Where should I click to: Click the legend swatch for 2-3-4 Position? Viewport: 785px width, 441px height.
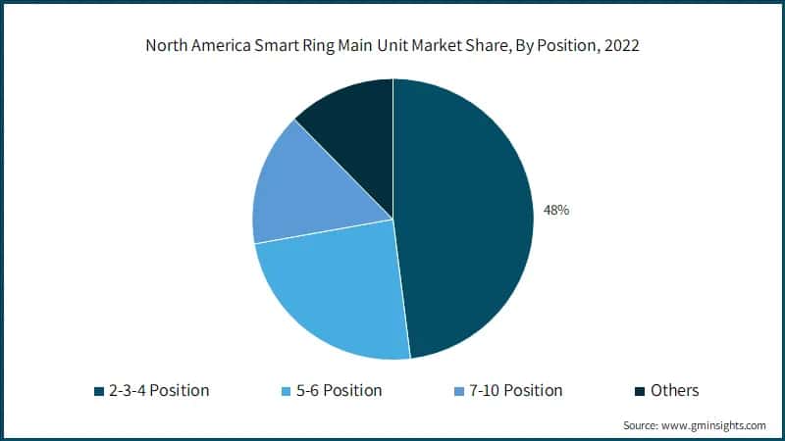click(98, 391)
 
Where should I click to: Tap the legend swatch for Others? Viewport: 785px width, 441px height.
click(639, 391)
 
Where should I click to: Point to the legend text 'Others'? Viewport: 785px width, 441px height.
click(674, 390)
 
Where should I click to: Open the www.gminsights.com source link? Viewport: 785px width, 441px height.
click(715, 425)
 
